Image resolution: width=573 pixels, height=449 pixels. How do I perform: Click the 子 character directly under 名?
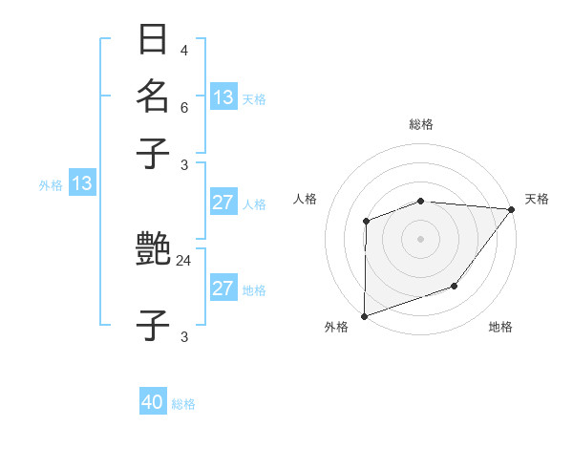(154, 154)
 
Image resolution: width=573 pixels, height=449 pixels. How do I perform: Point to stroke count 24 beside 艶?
(184, 260)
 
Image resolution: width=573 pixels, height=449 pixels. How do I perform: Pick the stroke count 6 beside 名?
(183, 108)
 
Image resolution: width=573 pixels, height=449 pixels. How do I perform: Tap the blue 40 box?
(153, 402)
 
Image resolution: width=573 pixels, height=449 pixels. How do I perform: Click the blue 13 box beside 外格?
(82, 183)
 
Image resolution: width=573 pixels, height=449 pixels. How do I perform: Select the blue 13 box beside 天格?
(223, 97)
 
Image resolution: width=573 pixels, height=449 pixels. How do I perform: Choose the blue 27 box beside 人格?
(223, 203)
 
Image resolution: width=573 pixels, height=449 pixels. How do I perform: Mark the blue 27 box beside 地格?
(223, 289)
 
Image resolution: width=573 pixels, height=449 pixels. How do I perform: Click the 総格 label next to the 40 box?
(183, 404)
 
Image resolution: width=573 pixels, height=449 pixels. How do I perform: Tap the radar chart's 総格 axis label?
(420, 124)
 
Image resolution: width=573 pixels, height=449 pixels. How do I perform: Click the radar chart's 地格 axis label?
(500, 328)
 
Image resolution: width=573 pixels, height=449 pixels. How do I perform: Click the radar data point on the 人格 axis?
(366, 222)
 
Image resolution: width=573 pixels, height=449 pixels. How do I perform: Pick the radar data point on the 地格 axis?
(455, 286)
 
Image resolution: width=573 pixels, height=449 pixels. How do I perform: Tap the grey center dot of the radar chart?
(420, 239)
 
